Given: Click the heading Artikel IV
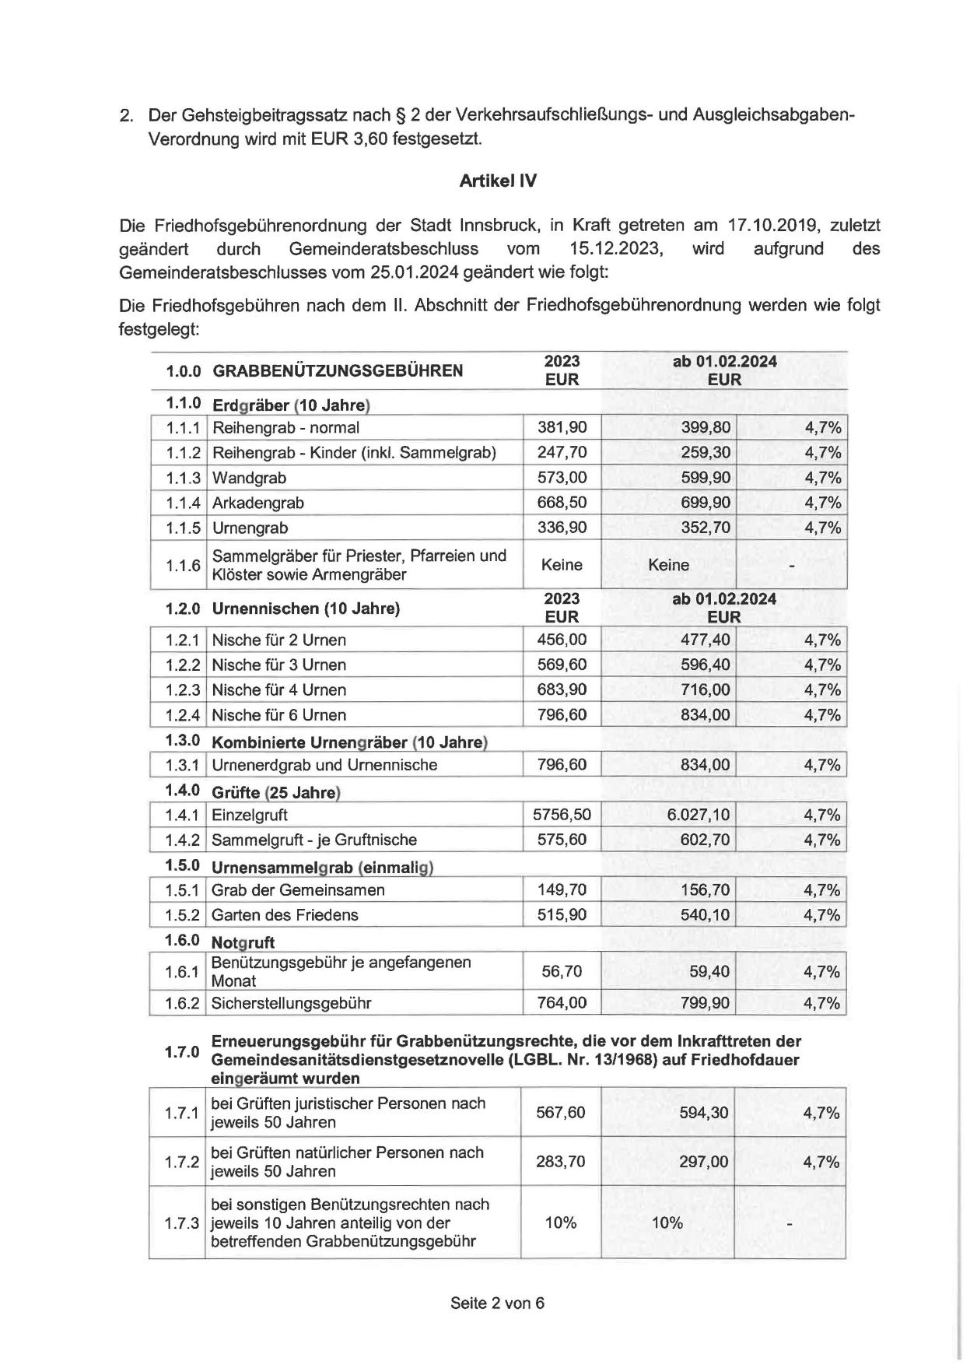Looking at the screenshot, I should [498, 181].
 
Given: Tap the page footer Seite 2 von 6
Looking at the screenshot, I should [497, 1303].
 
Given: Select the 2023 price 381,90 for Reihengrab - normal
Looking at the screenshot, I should [562, 427].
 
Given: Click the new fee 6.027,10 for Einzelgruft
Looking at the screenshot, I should [699, 815].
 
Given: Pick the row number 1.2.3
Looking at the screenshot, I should [183, 689].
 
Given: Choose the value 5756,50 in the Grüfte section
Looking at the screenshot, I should [562, 815].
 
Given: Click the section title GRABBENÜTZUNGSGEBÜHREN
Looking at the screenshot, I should [338, 370].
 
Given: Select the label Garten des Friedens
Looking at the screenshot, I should [285, 914].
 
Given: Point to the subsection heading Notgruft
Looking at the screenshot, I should [243, 942].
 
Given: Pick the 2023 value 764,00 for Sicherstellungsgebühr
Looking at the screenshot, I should [562, 1003].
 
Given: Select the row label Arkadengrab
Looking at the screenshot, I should [258, 503].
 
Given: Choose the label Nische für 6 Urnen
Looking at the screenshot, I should [278, 714].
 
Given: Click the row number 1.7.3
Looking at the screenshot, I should [182, 1222].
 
